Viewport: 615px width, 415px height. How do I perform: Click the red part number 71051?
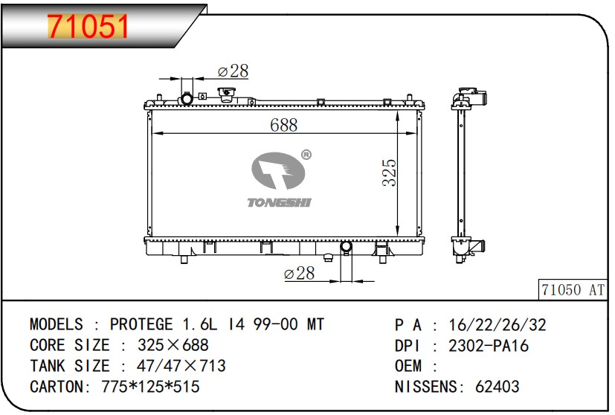pyautogui.click(x=88, y=26)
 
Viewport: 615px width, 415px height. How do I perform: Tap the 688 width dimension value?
pyautogui.click(x=283, y=125)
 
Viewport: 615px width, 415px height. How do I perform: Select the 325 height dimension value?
pyautogui.click(x=390, y=173)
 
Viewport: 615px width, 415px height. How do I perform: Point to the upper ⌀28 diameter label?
pyautogui.click(x=233, y=71)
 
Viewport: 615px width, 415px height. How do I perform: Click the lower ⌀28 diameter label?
pyautogui.click(x=299, y=273)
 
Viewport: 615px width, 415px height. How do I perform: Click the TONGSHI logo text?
pyautogui.click(x=279, y=202)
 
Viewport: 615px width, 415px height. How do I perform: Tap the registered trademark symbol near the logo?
pyautogui.click(x=306, y=155)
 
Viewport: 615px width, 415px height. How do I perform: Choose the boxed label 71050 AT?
pyautogui.click(x=573, y=290)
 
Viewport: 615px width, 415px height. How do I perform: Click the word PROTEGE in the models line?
pyautogui.click(x=141, y=324)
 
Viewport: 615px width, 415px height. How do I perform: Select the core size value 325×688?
pyautogui.click(x=173, y=345)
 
